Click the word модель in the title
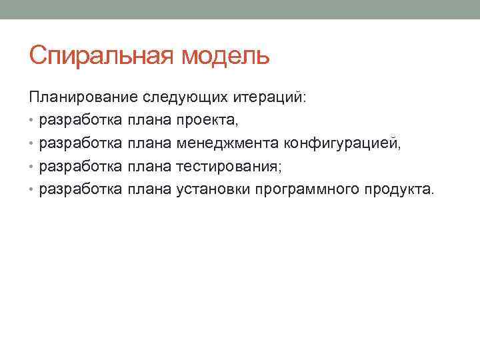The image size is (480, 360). (225, 56)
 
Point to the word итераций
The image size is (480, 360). (270, 98)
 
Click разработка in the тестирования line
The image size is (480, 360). (81, 166)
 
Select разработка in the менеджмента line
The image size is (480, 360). (81, 143)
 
